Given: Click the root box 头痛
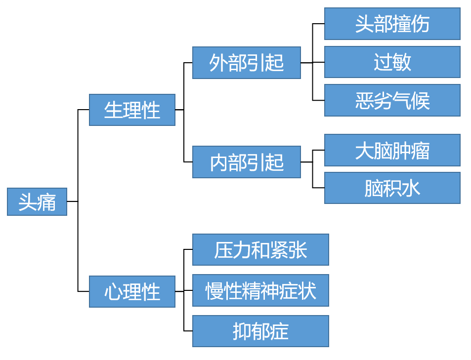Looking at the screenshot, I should [37, 201].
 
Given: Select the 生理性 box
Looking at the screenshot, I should [132, 110].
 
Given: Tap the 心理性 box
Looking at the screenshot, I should [132, 291].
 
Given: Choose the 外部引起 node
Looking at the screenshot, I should [246, 63].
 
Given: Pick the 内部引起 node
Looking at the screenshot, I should [246, 162].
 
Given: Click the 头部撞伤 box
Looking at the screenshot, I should [392, 24].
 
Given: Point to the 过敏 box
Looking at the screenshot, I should [392, 62].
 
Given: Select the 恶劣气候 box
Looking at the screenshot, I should [392, 100].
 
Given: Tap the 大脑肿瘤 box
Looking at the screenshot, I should [392, 150].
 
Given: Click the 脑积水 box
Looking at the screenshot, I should [392, 188].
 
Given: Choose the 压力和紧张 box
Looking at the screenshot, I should [260, 250].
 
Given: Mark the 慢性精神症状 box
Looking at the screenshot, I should [260, 290].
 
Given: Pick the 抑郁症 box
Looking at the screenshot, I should [260, 331].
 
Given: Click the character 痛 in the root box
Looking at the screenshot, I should [46, 202].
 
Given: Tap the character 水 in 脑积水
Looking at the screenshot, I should [411, 189].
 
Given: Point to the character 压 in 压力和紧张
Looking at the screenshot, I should [223, 250].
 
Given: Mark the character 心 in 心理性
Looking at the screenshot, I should [113, 292].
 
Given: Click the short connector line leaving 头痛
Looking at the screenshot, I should [72, 201].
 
